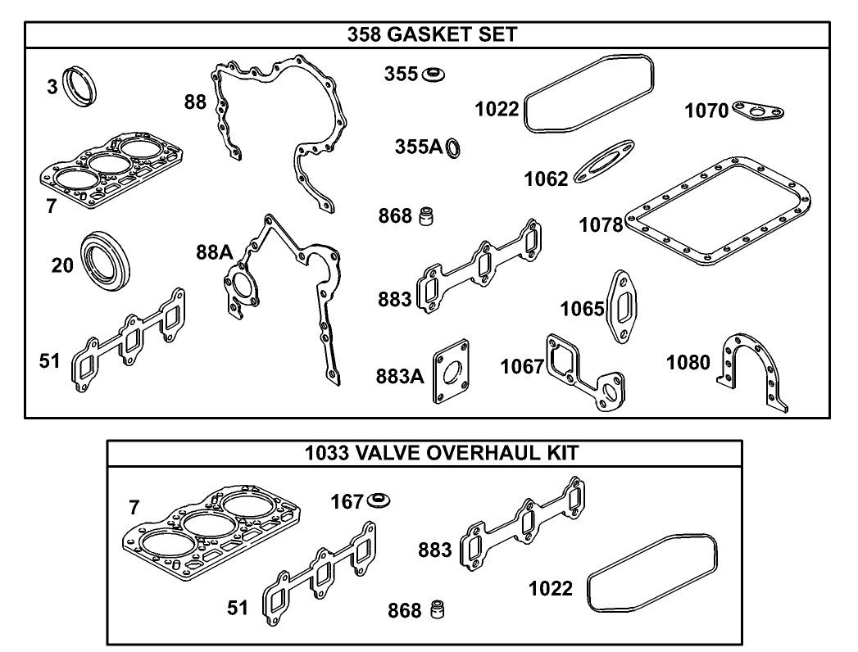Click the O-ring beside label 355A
(453, 148)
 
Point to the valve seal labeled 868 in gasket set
(425, 217)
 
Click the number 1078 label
(601, 224)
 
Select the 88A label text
(214, 253)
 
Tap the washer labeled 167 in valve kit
(379, 499)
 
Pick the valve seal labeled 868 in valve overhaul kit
(438, 610)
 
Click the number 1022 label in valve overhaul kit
(551, 588)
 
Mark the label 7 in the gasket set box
(51, 206)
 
